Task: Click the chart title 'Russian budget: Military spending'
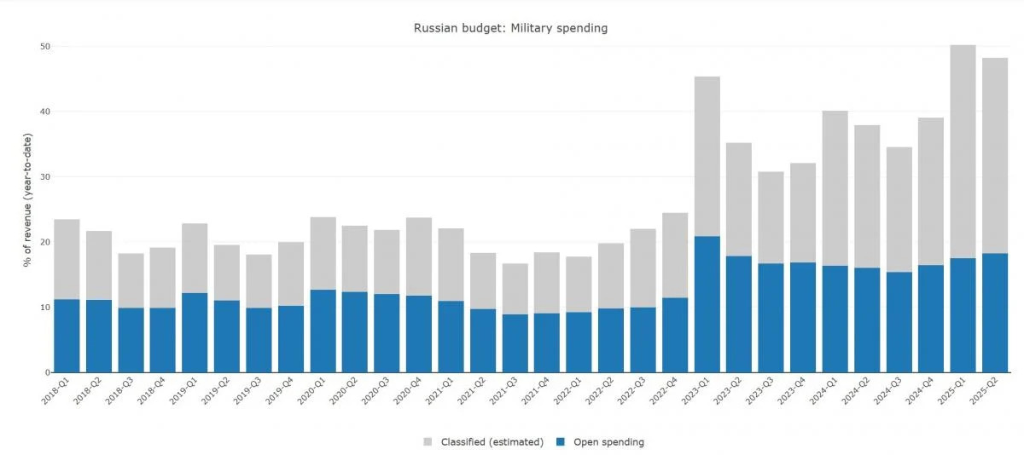(510, 28)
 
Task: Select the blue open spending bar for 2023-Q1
(707, 304)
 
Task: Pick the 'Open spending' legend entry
(608, 442)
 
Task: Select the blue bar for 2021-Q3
(515, 343)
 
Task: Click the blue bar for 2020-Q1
(323, 331)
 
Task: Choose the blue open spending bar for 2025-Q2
(995, 313)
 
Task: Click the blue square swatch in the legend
(560, 442)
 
